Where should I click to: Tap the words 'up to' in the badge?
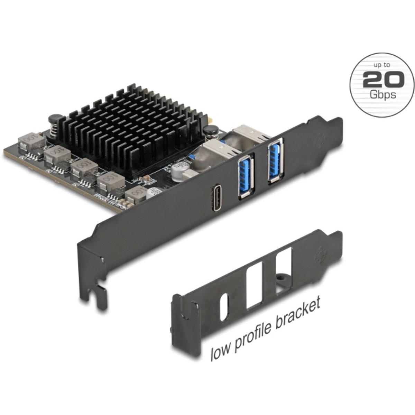382,65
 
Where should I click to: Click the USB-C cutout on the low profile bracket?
224,307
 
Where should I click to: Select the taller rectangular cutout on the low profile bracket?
254,285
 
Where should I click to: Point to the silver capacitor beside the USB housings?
178,172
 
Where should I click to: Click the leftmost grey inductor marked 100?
31,142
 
